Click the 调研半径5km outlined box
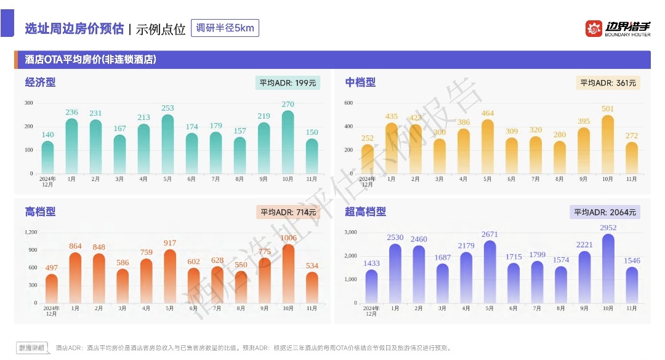click(225, 28)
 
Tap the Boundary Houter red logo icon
click(594, 28)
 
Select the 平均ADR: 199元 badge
click(288, 83)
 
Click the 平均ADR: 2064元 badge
click(605, 212)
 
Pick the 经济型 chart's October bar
click(288, 143)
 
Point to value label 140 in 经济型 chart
click(47, 135)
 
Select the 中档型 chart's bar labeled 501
click(608, 145)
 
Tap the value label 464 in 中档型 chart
click(488, 113)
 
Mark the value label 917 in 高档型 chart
click(170, 243)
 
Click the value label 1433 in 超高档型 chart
click(371, 263)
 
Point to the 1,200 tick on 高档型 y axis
click(31, 232)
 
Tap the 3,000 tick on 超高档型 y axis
click(351, 232)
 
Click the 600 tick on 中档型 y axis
click(349, 103)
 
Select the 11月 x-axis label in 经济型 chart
click(312, 179)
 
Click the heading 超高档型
click(365, 212)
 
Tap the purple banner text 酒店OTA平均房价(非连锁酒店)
click(90, 60)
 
